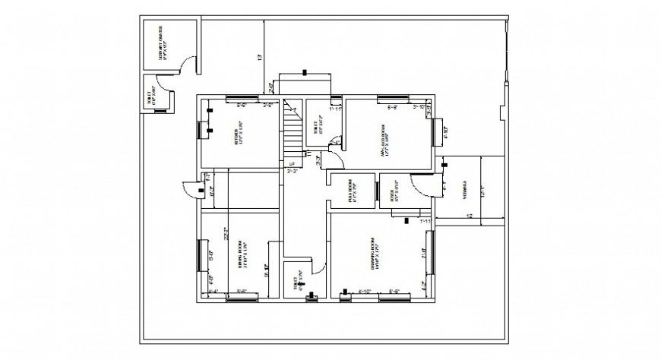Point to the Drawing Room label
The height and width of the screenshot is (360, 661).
[375, 257]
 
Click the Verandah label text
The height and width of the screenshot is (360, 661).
[464, 190]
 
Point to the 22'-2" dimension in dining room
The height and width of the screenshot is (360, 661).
[226, 235]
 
